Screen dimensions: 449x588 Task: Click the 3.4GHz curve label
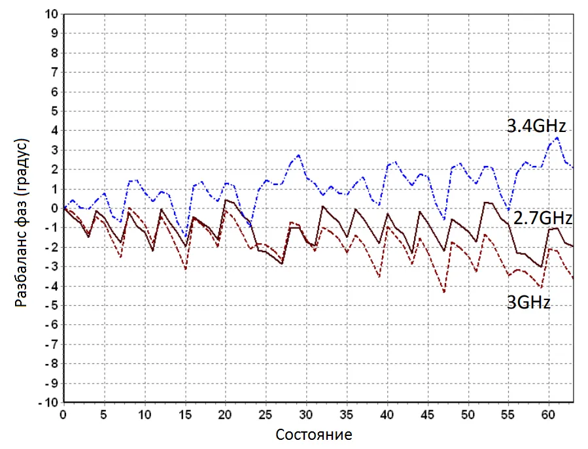[x=536, y=126]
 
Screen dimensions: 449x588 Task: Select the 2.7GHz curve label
[x=542, y=218]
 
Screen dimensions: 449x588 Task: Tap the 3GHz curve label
[x=528, y=303]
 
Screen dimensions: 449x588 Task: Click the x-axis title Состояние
[x=314, y=435]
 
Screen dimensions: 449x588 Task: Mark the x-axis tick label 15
[x=185, y=414]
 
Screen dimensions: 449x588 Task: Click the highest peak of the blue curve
[x=557, y=137]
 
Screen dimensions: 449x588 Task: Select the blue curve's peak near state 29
[x=298, y=155]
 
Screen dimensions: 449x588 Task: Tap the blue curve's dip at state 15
[x=185, y=237]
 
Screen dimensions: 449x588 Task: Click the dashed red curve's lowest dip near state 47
[x=444, y=291]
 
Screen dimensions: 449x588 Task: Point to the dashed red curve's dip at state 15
[x=186, y=269]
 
